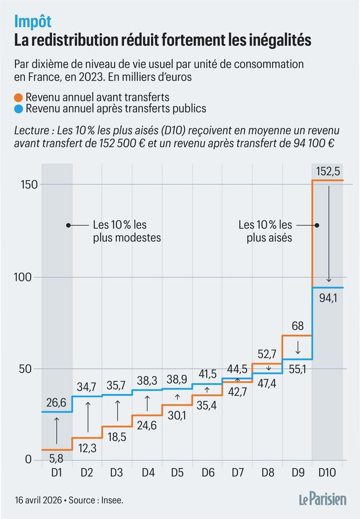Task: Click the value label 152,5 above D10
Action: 328,172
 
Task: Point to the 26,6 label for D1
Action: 57,402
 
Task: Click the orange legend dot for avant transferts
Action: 19,97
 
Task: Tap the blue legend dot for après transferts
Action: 19,109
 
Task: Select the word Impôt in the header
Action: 33,21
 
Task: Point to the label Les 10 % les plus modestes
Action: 126,231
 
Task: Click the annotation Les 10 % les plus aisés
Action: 266,231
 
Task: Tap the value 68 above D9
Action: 297,327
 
